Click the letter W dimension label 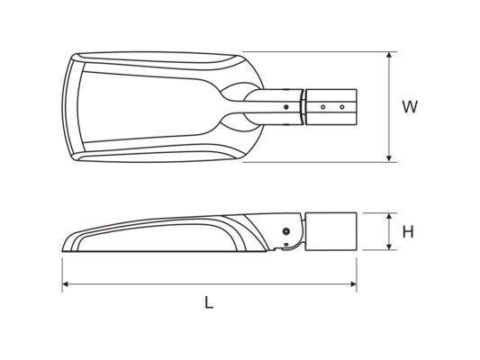pos(410,107)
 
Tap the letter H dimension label pos(408,232)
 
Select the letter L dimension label pos(209,302)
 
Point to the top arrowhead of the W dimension pos(389,55)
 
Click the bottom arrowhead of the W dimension pos(389,158)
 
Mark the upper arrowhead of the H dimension pos(389,216)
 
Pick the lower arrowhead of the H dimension pos(389,247)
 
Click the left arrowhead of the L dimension pos(65,284)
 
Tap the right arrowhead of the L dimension pos(353,284)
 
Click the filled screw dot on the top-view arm pos(286,107)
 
